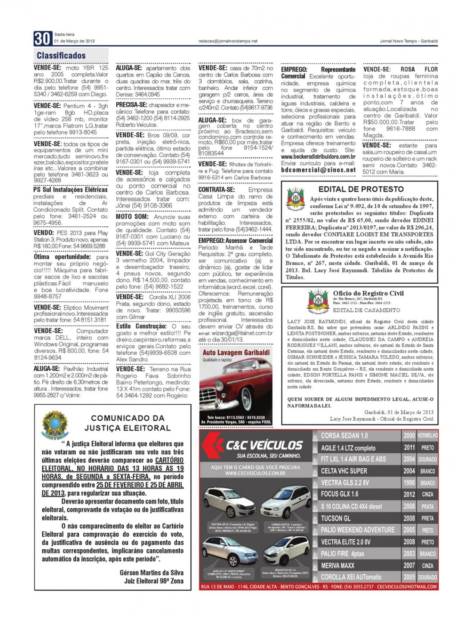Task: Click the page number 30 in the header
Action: [x=42, y=39]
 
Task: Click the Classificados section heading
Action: [x=61, y=56]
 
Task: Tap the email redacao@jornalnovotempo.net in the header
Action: [x=228, y=41]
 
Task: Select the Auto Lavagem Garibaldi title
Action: [x=236, y=353]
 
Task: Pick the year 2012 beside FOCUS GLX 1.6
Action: [x=409, y=494]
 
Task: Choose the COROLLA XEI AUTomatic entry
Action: [x=351, y=577]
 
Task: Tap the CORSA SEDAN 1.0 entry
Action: [x=344, y=435]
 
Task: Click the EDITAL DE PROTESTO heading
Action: [x=361, y=189]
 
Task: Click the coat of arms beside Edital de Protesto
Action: [x=296, y=200]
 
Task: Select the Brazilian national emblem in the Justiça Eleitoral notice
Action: [x=55, y=425]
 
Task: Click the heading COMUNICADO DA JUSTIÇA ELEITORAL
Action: [x=128, y=423]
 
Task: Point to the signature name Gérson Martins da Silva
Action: [x=151, y=572]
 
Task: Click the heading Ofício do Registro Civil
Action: [x=368, y=293]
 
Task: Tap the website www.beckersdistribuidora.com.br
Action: [x=318, y=157]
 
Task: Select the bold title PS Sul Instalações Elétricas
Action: [x=71, y=190]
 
